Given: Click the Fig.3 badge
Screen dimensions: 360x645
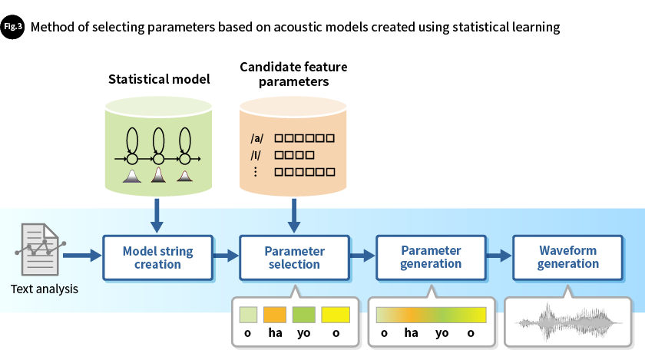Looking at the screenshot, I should pos(13,27).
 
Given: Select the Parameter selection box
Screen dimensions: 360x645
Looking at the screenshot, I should pos(293,258).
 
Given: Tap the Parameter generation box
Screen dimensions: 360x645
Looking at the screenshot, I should pos(431,257).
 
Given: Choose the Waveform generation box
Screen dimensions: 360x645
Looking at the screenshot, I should pos(567,257).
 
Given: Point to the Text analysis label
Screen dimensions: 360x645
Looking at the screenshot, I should pos(45,289).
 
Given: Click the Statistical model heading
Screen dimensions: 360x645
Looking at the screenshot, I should pos(158,79).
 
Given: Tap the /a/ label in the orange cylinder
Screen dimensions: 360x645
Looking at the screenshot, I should pos(257,139).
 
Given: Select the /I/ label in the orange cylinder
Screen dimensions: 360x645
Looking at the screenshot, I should pos(257,155).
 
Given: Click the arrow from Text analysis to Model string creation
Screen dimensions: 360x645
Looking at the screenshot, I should pos(83,253).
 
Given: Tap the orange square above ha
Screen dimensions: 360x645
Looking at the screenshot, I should pos(274,315).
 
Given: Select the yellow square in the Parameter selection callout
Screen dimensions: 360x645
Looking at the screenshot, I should pos(336,315).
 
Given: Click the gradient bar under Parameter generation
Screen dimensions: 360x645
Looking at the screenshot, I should pos(431,315).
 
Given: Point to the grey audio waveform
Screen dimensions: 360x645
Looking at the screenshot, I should pos(567,322).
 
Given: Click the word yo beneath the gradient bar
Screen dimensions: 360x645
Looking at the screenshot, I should pos(442,334).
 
